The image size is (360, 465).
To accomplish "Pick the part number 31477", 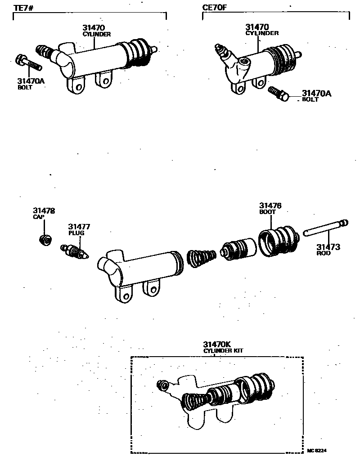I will (79, 227).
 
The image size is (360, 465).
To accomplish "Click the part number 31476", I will (270, 206).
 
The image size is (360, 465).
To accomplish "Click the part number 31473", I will (328, 247).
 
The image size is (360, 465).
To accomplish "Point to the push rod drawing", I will (325, 228).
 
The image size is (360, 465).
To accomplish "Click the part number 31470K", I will (217, 344).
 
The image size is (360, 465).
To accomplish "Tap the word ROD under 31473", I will (323, 253).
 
